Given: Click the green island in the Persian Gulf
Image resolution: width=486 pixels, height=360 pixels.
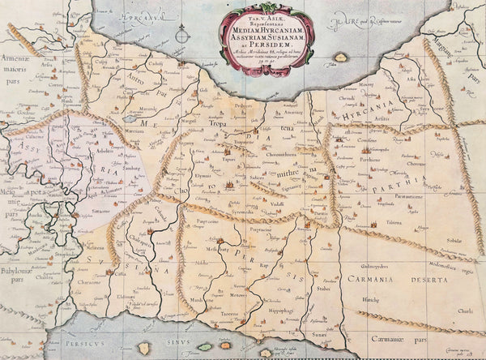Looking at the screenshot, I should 206,347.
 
